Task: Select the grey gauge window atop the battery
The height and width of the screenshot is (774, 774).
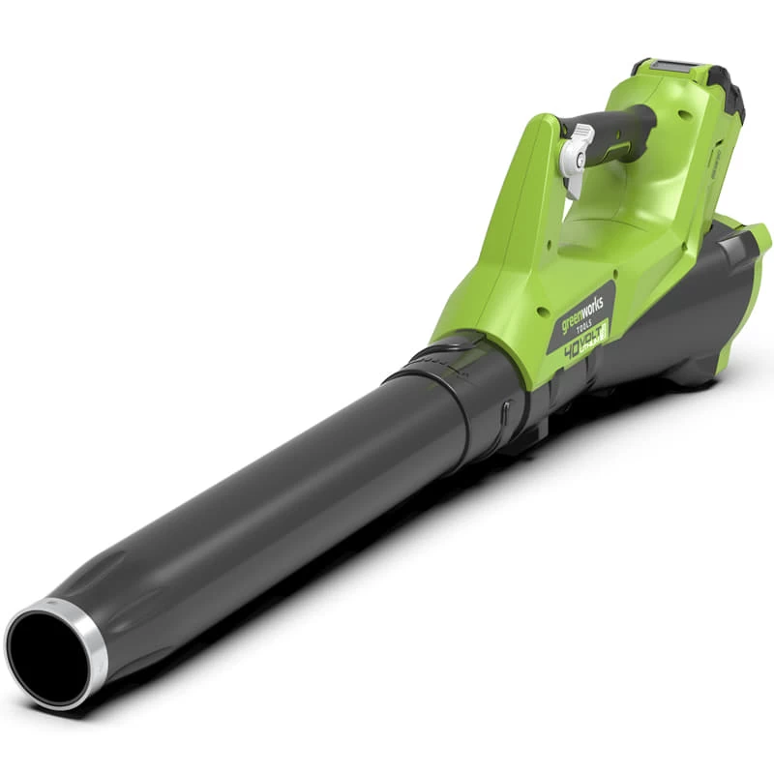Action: click(668, 67)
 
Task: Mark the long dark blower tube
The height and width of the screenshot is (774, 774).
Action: click(290, 513)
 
